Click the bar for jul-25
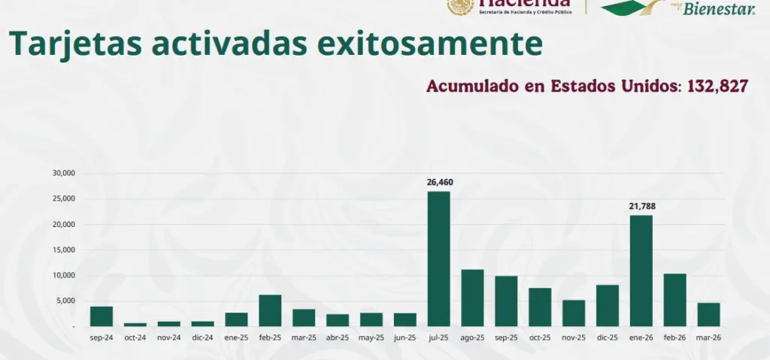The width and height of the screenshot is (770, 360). (x=439, y=259)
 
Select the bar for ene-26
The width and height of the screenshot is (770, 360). (x=641, y=271)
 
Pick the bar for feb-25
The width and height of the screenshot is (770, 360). (x=270, y=310)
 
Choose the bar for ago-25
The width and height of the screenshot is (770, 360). (x=472, y=298)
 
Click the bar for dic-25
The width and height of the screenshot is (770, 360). (x=608, y=305)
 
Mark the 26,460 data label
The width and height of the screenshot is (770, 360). (x=440, y=183)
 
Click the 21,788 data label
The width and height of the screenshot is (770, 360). (x=642, y=206)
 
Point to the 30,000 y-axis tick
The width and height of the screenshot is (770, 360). (x=65, y=174)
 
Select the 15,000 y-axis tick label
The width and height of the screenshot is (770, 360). (x=65, y=250)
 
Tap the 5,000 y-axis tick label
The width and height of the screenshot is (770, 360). (x=67, y=301)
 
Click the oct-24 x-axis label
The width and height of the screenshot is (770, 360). (x=135, y=338)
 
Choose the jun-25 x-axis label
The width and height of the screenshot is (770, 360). (x=405, y=338)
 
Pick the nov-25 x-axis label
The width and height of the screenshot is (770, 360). (x=574, y=338)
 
